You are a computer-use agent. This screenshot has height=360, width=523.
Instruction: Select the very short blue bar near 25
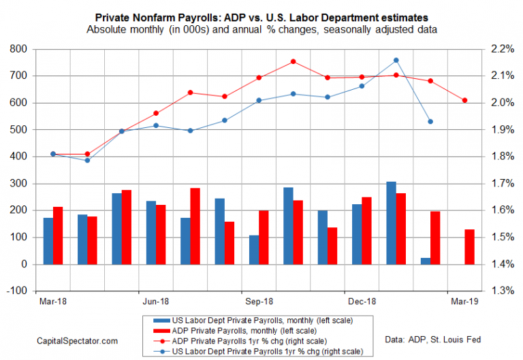pos(425,261)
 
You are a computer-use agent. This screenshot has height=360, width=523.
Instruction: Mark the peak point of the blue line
pos(396,60)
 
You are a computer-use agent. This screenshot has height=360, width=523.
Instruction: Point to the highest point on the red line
pos(293,61)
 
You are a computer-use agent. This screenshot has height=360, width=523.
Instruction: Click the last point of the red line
pos(465,101)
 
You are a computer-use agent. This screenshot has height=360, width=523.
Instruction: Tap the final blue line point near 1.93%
pos(430,122)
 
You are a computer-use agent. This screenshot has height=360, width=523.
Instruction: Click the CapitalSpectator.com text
pos(78,340)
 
